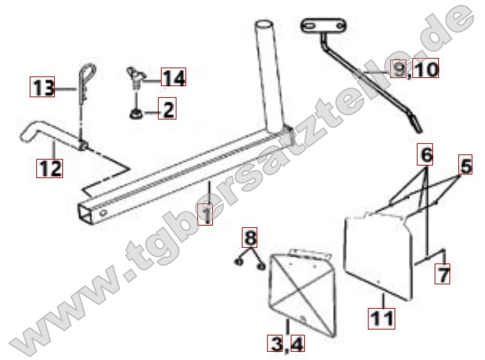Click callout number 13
point(42,87)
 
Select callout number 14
point(174,76)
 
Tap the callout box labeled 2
point(167,108)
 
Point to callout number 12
point(50,168)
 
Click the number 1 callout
point(205,215)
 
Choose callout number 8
point(250,238)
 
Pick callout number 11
point(381,318)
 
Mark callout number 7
point(442,273)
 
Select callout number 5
point(465,164)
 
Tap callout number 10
point(426,68)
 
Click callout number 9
point(398,68)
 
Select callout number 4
point(297,343)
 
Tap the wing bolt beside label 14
point(135,77)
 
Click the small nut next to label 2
point(136,114)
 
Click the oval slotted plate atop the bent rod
point(323,25)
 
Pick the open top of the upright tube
point(264,24)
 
